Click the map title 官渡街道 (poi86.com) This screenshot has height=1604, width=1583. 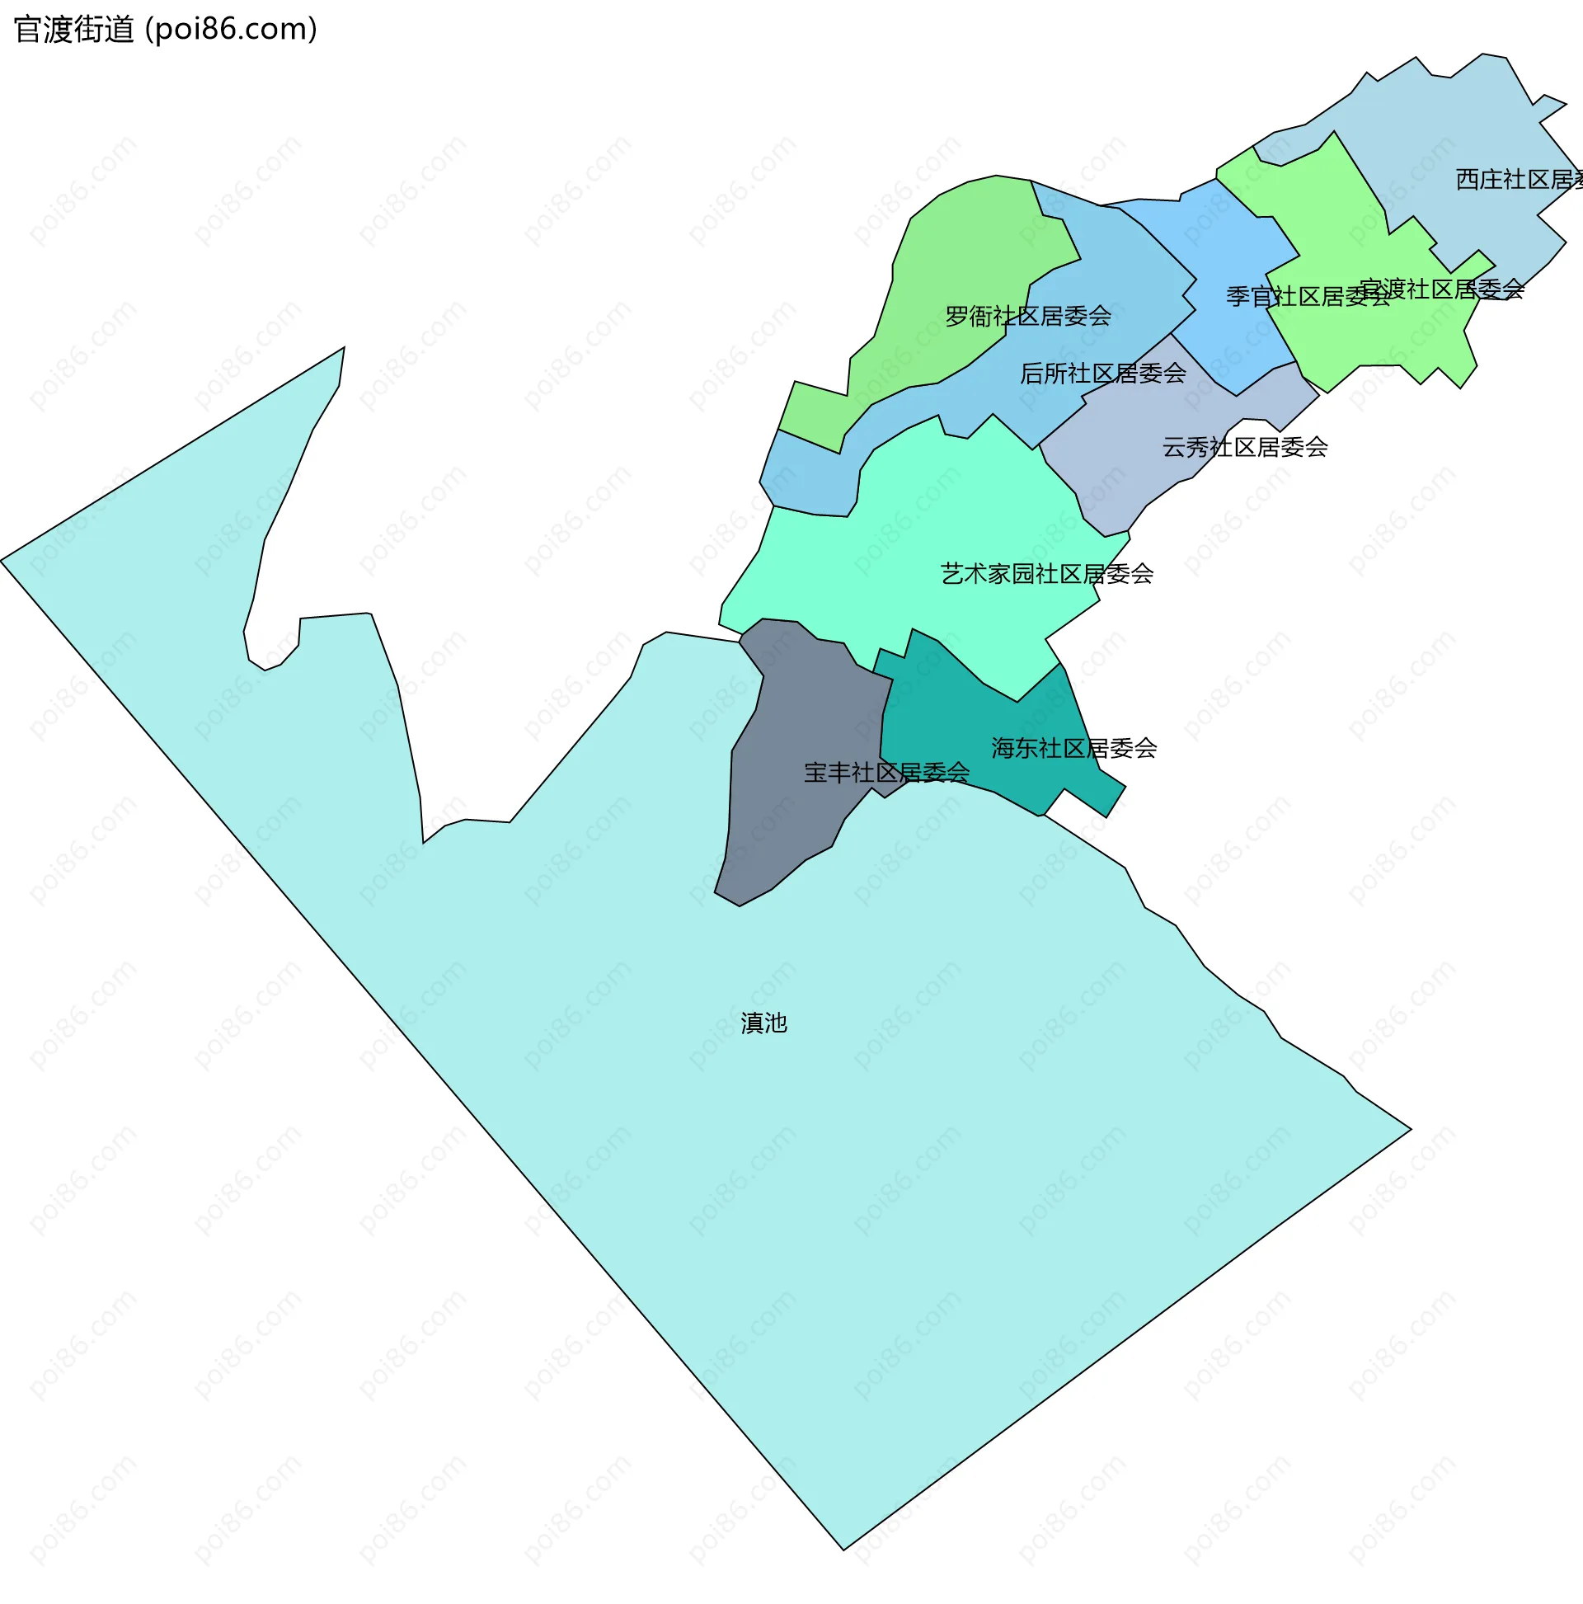point(166,30)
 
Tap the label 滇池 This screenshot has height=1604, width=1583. point(763,1023)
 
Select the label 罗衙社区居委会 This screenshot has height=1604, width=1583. point(1027,317)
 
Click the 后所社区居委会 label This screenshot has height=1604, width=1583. point(1102,374)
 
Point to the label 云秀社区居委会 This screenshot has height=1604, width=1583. point(1244,448)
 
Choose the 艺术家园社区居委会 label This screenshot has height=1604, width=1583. point(1046,574)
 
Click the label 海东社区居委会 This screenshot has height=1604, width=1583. point(1073,748)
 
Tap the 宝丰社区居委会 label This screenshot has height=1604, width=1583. point(885,773)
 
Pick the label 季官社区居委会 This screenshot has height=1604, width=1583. point(1308,296)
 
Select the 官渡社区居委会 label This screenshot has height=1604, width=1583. point(1442,289)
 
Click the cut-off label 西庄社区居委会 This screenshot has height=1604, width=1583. point(1518,179)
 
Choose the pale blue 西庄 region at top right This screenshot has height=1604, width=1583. point(1461,125)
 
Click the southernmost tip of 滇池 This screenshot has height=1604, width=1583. point(844,1549)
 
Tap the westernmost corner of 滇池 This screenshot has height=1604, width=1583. point(2,562)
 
